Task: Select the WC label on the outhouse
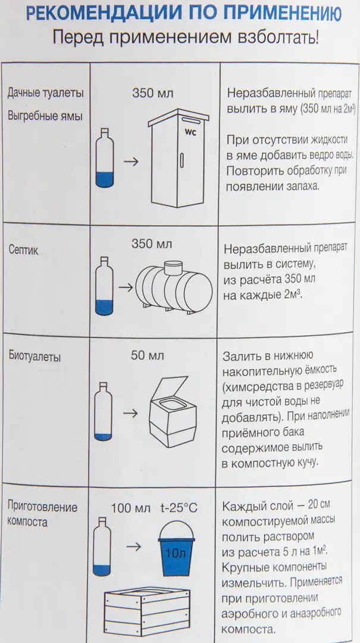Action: (x=190, y=132)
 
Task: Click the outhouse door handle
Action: (x=182, y=161)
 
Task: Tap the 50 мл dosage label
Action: (x=147, y=355)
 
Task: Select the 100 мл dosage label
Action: (x=131, y=508)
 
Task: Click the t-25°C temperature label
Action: (x=179, y=508)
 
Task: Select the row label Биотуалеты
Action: (x=35, y=357)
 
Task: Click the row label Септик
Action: (x=23, y=250)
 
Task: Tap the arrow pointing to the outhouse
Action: (x=130, y=161)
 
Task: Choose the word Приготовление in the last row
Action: (x=42, y=507)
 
